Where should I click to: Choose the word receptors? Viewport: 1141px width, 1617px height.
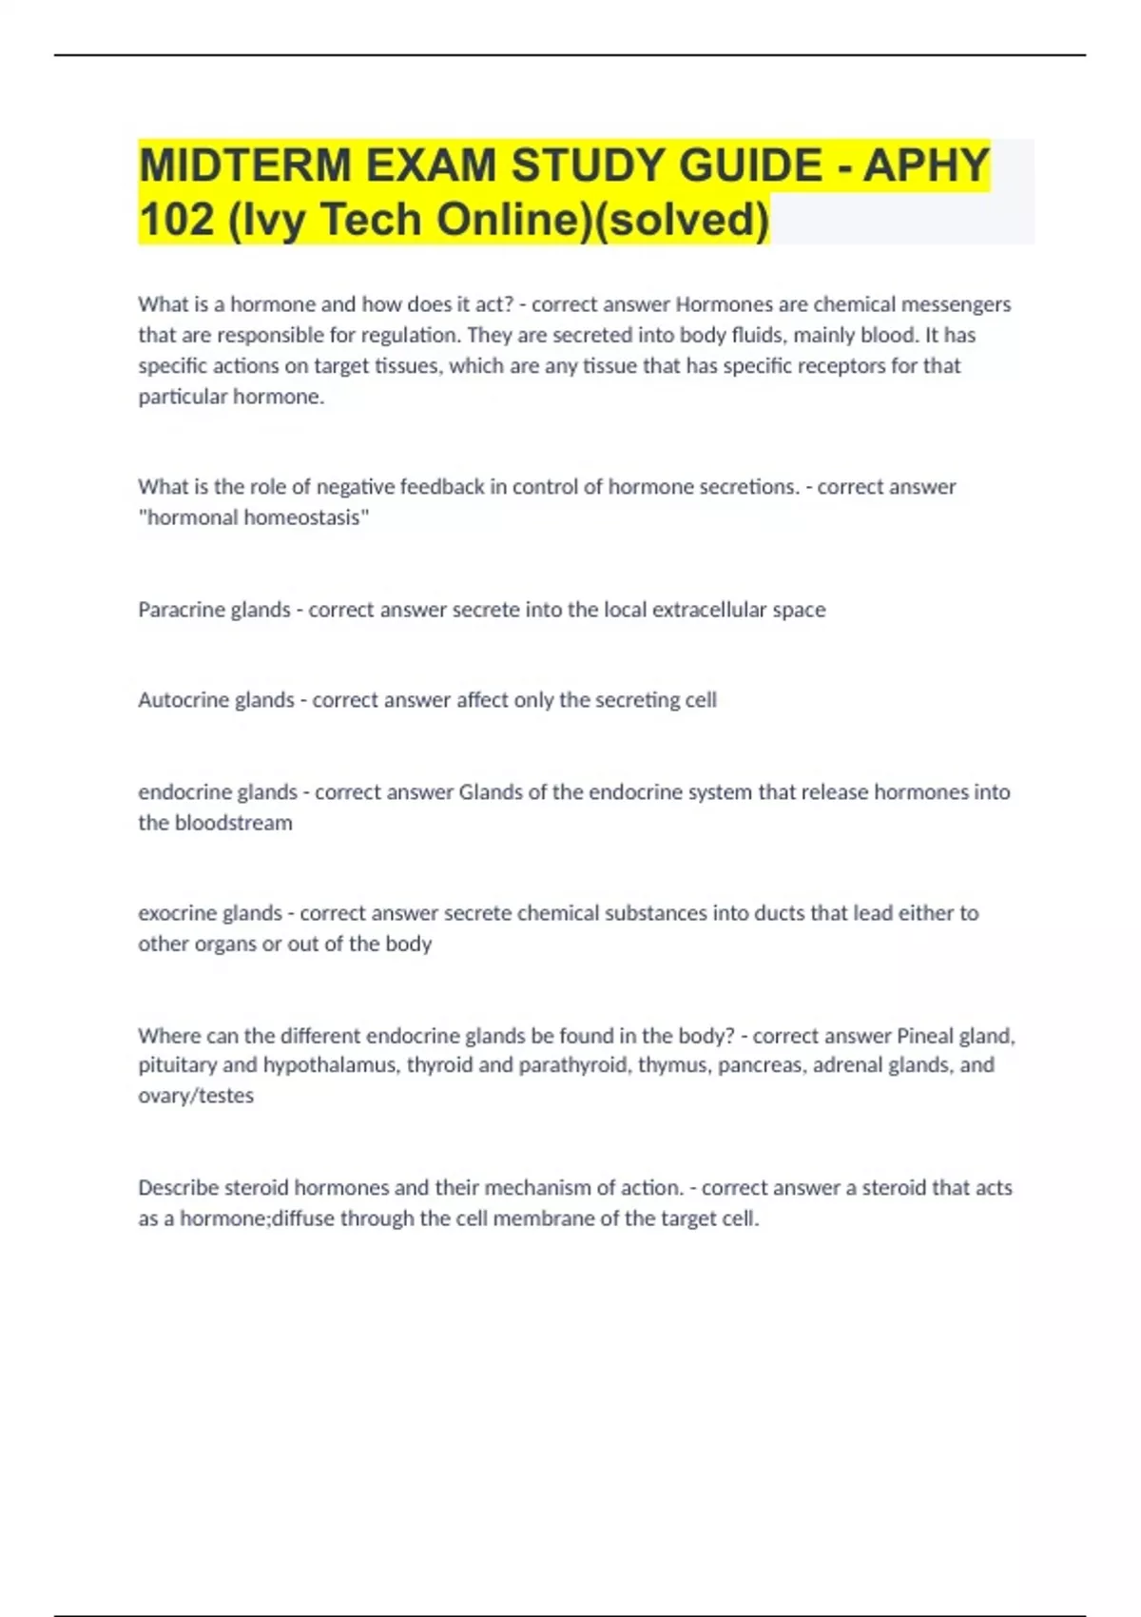(x=841, y=366)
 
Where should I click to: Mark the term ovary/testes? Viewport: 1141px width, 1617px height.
(x=196, y=1096)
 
